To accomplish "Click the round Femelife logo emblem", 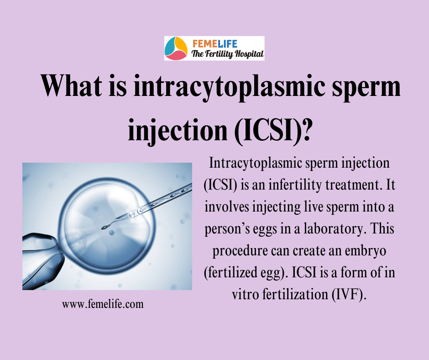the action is click(176, 48).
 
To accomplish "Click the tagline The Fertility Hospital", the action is click(228, 54).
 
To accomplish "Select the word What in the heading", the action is click(71, 85).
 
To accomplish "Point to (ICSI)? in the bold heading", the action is click(273, 130).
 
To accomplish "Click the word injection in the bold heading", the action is click(178, 131).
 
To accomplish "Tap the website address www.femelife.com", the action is click(103, 304).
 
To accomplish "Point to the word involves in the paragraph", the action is click(227, 207).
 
